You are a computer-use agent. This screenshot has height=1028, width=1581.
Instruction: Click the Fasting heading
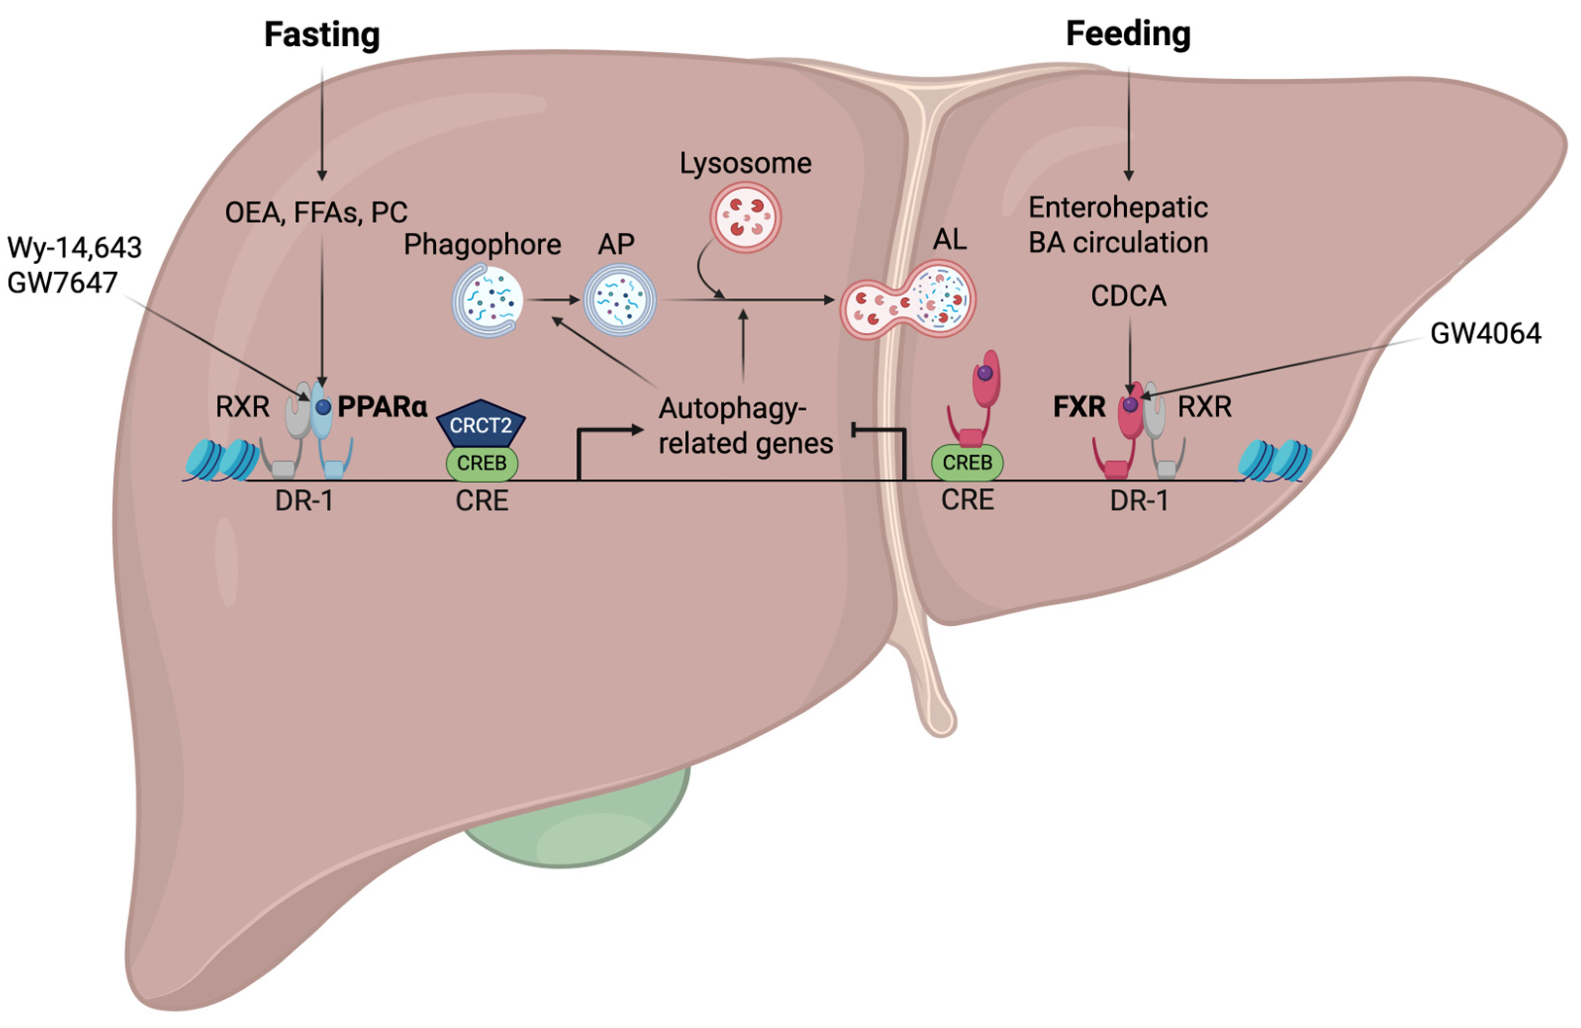321,35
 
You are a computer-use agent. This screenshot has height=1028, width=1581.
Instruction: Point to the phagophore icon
487,300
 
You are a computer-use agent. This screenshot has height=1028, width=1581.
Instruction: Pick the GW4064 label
1485,333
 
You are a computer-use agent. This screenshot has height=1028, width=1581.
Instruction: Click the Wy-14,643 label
74,248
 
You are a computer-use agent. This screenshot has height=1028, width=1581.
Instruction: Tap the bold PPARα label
382,406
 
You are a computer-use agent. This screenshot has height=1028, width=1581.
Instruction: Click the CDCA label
1128,296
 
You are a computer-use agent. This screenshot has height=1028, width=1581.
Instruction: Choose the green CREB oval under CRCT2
481,463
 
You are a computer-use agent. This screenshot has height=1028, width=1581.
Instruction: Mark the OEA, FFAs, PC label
316,213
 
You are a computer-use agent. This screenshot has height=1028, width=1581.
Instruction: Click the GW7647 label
62,282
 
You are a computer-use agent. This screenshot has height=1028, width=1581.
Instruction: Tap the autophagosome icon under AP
620,300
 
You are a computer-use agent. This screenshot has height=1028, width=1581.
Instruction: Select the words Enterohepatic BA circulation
1118,225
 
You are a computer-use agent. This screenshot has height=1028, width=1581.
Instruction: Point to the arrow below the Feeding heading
1128,124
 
